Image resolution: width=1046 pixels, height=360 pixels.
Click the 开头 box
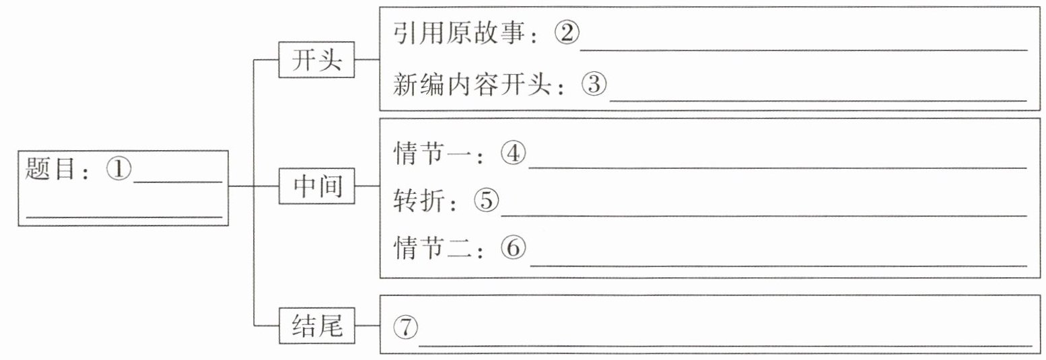[x=316, y=60]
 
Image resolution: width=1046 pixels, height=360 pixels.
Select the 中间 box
[x=316, y=186]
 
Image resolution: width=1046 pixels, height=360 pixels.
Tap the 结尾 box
[x=316, y=326]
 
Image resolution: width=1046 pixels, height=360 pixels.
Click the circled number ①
[x=118, y=168]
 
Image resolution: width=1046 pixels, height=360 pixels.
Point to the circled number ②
[x=567, y=32]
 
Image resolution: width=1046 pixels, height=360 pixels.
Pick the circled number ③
[x=594, y=84]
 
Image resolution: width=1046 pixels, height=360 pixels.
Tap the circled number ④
[x=513, y=153]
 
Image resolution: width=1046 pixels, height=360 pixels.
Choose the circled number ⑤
[x=486, y=200]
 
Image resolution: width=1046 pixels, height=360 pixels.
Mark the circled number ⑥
[x=513, y=247]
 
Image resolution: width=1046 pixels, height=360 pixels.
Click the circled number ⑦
[x=405, y=326]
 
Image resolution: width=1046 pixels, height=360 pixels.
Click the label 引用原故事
[x=459, y=33]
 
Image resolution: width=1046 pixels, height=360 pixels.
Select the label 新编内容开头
[x=473, y=85]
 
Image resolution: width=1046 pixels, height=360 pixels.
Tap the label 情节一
[x=432, y=153]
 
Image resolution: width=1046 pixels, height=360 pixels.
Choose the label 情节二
[x=432, y=248]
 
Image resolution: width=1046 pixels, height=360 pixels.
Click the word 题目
[x=50, y=168]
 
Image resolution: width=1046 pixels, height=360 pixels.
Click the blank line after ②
[x=803, y=49]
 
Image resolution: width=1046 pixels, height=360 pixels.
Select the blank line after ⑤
[x=763, y=216]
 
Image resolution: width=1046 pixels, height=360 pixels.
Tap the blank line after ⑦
[x=725, y=347]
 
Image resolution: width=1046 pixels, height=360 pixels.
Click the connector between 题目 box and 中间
[x=254, y=186]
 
